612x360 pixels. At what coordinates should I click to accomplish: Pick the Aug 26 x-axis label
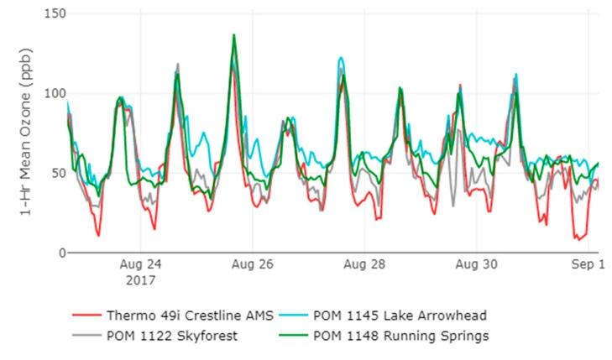point(254,263)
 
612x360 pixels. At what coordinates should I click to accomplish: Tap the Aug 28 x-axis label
point(365,263)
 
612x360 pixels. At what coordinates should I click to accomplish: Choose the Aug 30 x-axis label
point(477,263)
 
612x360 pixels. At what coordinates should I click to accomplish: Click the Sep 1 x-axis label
point(588,263)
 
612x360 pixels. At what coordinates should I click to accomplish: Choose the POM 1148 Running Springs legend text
point(400,336)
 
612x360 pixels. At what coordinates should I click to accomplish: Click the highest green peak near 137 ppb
point(234,35)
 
